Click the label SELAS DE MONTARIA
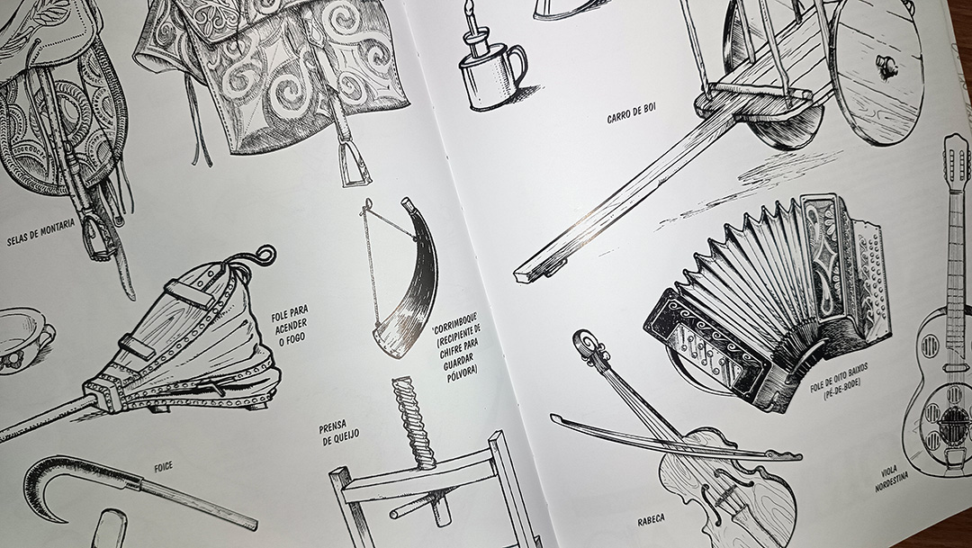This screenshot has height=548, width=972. pyautogui.click(x=40, y=231)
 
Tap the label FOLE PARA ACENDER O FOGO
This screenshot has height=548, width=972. pyautogui.click(x=290, y=325)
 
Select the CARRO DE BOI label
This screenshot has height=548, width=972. pyautogui.click(x=631, y=112)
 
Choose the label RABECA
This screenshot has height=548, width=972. pyautogui.click(x=651, y=520)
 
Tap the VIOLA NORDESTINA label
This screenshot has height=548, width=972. pyautogui.click(x=891, y=477)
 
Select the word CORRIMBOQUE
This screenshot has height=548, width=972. pyautogui.click(x=455, y=326)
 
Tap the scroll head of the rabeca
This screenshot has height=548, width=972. pyautogui.click(x=586, y=344)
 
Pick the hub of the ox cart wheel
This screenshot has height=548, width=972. pyautogui.click(x=886, y=64)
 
